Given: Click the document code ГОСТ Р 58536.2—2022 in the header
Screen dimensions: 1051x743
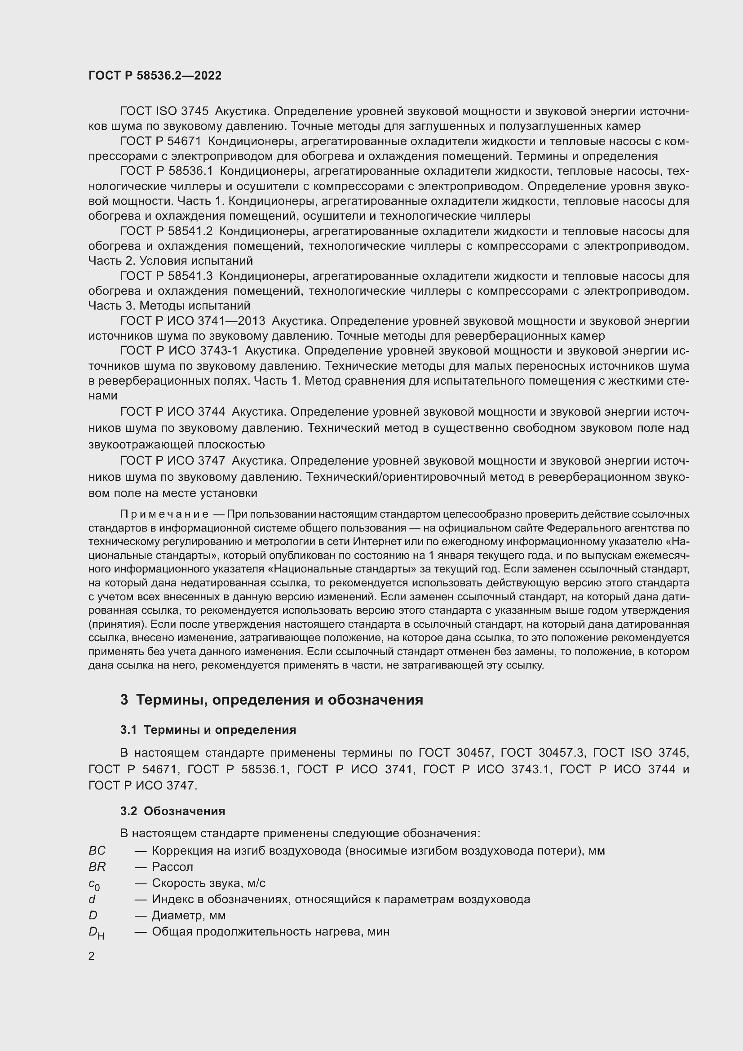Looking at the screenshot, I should (x=155, y=75).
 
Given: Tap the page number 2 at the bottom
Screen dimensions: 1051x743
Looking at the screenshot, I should (x=92, y=956).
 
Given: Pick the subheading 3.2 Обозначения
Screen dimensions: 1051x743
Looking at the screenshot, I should (x=172, y=811).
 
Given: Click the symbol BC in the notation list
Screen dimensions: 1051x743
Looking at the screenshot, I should (x=97, y=851).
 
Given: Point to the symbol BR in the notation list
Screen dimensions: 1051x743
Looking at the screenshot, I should (x=97, y=867).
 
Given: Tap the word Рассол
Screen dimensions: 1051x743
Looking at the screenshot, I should (x=172, y=867).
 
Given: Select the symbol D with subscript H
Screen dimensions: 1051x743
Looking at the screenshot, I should (x=96, y=932).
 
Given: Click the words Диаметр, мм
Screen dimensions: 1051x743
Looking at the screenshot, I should (x=189, y=915).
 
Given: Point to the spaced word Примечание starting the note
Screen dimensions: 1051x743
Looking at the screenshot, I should (x=164, y=514).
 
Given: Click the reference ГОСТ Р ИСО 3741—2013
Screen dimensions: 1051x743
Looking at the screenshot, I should (x=192, y=321).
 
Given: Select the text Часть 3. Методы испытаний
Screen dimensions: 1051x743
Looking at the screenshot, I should (x=169, y=305).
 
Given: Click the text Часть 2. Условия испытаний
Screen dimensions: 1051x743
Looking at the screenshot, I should (x=170, y=261).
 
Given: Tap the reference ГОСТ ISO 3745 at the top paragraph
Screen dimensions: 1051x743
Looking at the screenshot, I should (x=164, y=111).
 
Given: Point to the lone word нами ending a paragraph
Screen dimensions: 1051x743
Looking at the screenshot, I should (x=103, y=395).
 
